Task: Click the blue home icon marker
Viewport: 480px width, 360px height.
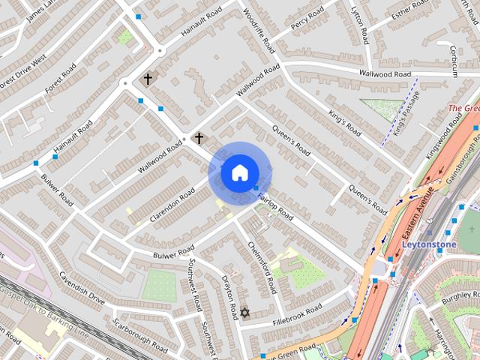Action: coord(238,172)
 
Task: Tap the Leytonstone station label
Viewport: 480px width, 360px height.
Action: coord(430,244)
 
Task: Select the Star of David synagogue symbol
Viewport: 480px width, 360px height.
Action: coord(242,311)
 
